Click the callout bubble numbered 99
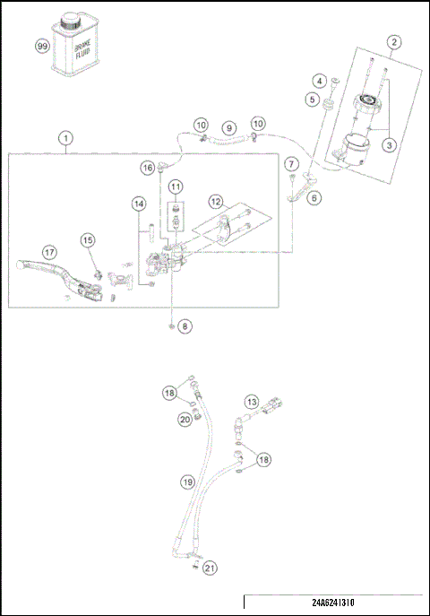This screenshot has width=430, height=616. (41, 46)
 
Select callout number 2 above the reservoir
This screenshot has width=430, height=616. (394, 41)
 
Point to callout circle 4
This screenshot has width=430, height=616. (318, 82)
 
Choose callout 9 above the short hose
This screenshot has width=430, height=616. (228, 128)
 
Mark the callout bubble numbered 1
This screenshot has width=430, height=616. (64, 140)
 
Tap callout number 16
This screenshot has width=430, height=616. (146, 168)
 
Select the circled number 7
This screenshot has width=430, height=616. (291, 164)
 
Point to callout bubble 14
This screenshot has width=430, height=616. (138, 204)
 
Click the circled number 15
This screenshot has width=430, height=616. (87, 239)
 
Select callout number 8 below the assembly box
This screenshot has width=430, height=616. (185, 327)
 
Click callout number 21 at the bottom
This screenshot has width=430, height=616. (209, 568)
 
